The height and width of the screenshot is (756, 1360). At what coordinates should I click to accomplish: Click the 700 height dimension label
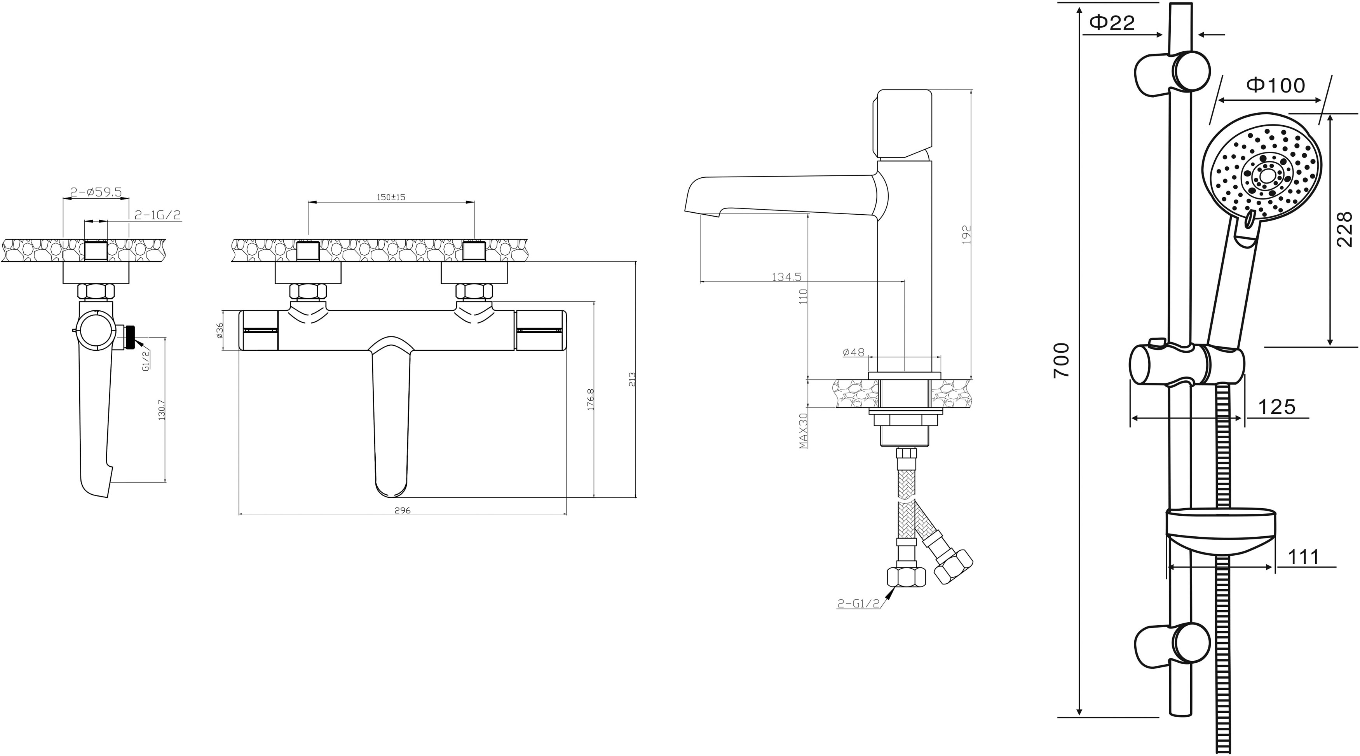[x=1061, y=360]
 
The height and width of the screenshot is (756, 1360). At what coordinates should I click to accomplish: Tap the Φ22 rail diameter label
[x=1111, y=22]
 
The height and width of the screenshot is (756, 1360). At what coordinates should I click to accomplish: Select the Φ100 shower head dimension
[x=1276, y=85]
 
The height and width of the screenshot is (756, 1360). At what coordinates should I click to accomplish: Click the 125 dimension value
[x=1276, y=407]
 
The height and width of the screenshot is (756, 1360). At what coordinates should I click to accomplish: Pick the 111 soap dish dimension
[x=1304, y=557]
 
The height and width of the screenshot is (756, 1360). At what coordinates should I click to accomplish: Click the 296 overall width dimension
[x=402, y=511]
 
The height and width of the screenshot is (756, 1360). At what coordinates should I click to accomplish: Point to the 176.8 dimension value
[x=591, y=399]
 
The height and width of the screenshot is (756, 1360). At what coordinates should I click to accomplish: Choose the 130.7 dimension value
[x=162, y=409]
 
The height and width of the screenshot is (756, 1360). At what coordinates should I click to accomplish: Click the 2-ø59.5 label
[x=96, y=192]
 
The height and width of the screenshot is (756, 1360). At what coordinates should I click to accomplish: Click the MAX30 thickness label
[x=804, y=430]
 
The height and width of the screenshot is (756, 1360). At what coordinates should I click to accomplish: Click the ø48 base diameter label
[x=854, y=352]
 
